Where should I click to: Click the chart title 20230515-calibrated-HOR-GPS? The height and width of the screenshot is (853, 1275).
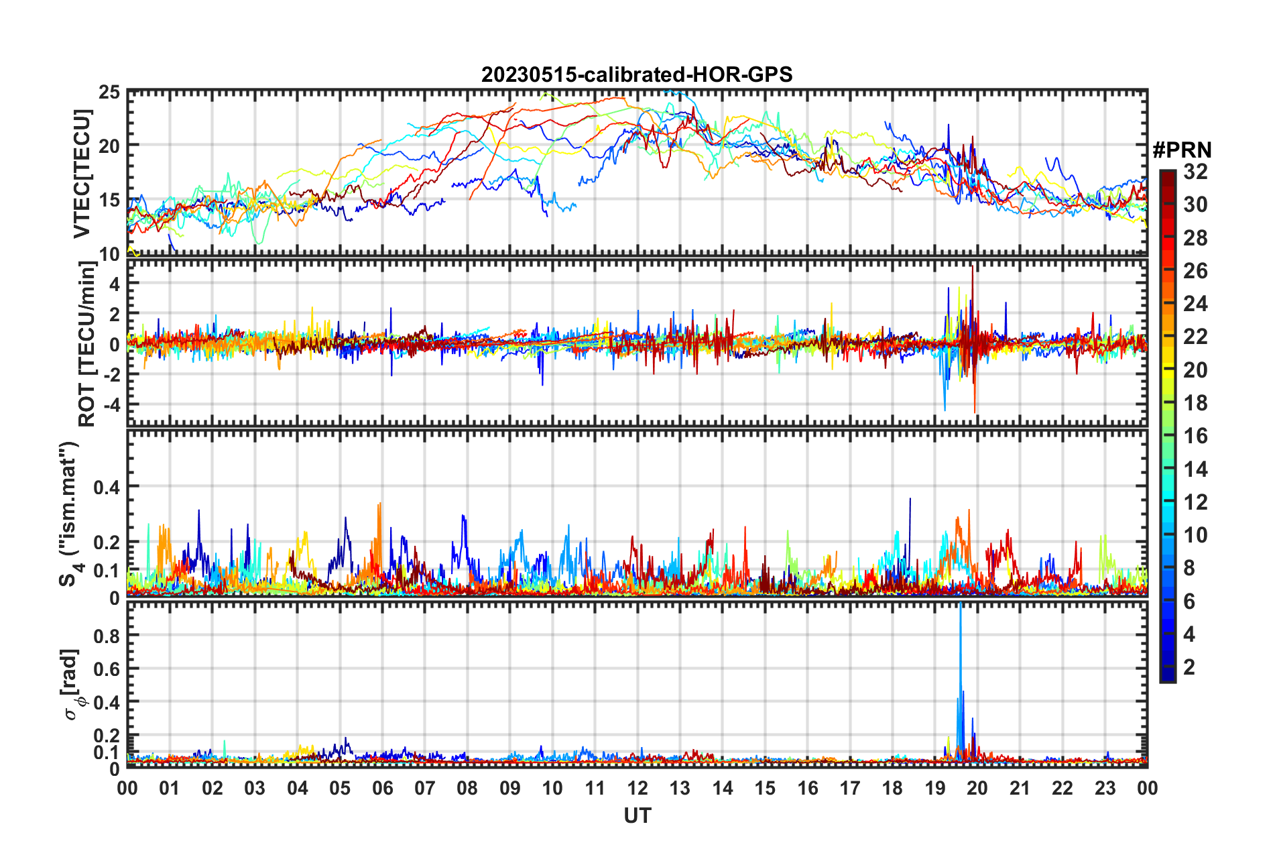637,74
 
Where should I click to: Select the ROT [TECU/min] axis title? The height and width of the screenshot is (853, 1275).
87,344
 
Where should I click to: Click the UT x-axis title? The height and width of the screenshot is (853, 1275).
637,815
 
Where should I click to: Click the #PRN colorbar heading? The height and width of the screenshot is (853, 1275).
1182,150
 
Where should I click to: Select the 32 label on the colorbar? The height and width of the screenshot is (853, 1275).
1195,172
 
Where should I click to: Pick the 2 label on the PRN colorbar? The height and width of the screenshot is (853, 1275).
1189,667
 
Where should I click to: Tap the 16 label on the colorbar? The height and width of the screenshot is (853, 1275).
1195,437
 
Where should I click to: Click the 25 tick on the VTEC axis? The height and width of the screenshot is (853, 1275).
109,93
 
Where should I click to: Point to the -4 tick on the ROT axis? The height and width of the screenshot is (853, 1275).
111,405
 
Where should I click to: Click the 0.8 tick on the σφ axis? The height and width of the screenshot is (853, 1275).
106,636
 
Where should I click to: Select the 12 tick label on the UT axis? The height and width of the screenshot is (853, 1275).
637,789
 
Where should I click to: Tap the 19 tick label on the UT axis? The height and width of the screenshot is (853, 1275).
935,789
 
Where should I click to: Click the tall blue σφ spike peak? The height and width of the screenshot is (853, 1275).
961,605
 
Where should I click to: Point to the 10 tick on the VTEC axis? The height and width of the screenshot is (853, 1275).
109,254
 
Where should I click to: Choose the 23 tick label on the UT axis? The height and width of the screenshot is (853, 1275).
1105,789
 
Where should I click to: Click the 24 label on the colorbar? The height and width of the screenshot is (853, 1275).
1195,304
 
